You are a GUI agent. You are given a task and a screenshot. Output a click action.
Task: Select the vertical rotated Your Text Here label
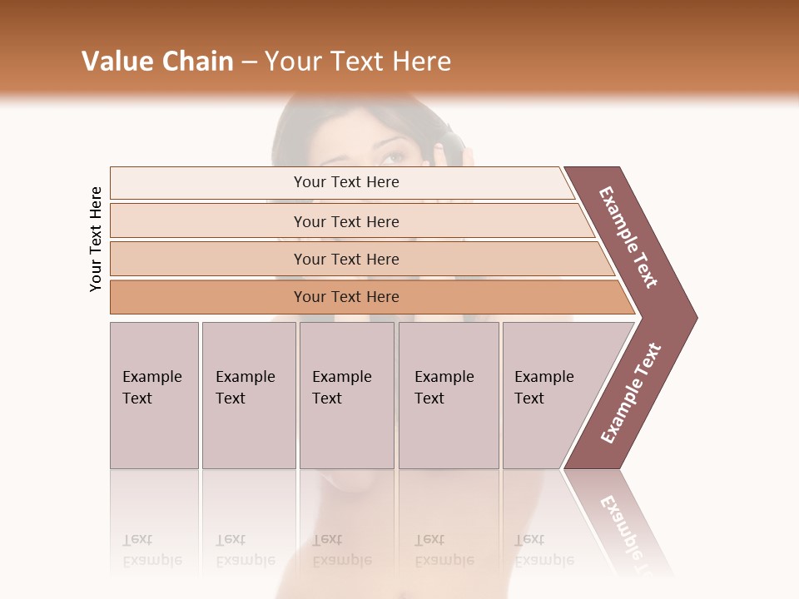[96, 239]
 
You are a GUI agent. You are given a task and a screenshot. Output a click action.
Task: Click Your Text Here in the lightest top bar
[346, 182]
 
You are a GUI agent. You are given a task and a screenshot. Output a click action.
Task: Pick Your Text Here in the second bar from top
[346, 222]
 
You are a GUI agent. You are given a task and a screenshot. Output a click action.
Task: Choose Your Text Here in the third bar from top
[346, 260]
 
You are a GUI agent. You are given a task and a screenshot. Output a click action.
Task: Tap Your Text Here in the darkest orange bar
[346, 297]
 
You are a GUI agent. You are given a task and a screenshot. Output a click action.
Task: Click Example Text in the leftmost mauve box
[151, 388]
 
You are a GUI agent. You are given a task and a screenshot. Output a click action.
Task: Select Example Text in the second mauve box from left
[245, 388]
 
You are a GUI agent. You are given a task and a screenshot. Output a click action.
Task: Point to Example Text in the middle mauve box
[341, 388]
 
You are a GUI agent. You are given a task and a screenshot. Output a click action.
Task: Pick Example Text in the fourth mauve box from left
[444, 388]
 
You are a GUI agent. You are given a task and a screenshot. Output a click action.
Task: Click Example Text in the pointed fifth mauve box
[543, 388]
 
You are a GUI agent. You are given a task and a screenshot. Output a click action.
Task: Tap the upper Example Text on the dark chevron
[628, 237]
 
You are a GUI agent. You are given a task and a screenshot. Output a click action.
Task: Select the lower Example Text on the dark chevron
[631, 394]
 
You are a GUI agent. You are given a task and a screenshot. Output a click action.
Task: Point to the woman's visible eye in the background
[399, 156]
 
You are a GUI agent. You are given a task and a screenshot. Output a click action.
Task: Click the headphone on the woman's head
[450, 146]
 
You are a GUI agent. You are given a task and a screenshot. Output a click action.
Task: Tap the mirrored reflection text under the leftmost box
[151, 550]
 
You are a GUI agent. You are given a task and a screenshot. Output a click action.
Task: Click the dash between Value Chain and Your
[249, 62]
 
